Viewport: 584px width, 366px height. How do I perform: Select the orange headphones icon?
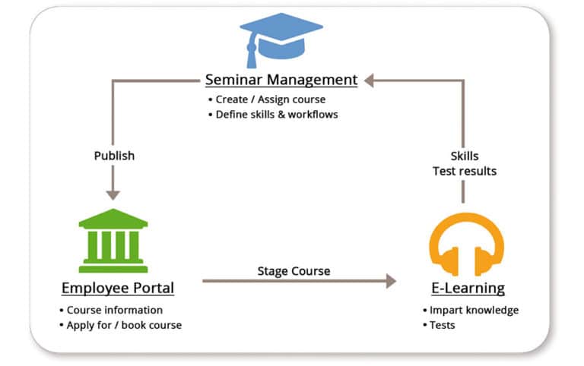click(466, 245)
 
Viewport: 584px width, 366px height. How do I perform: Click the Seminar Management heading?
click(281, 79)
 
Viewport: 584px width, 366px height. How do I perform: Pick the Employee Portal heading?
click(117, 288)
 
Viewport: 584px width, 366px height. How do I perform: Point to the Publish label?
click(114, 156)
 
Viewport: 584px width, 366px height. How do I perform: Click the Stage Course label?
click(294, 270)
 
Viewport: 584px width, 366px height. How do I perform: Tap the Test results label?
click(464, 171)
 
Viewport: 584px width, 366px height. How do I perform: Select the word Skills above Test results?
click(464, 156)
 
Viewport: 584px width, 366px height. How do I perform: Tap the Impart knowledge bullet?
click(474, 310)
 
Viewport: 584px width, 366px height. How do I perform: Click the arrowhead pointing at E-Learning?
click(391, 281)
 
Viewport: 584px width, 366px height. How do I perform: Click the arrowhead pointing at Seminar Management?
click(369, 79)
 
